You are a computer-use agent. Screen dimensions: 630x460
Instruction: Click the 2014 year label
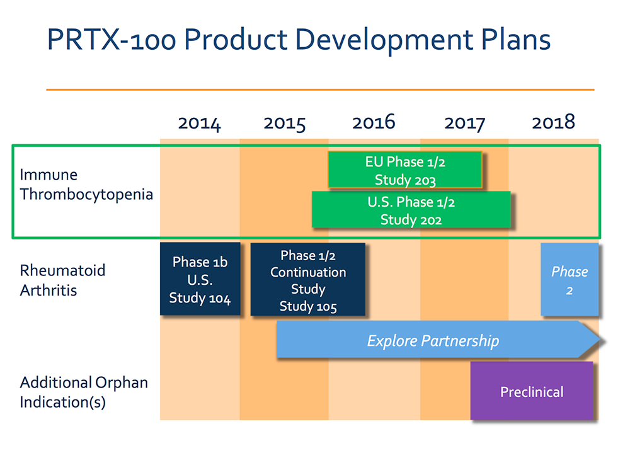point(199,124)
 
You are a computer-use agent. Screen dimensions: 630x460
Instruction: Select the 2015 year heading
point(285,124)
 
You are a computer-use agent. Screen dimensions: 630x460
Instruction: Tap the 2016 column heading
point(374,122)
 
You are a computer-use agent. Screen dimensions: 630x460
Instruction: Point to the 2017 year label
point(464,124)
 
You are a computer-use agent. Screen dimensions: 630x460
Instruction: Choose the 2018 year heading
point(553,122)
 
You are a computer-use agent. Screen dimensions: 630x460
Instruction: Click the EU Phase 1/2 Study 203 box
point(405,170)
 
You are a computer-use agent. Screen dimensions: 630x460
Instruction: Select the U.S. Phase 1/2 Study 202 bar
point(411,210)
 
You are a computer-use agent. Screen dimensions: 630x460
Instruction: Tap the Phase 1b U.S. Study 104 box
point(200,279)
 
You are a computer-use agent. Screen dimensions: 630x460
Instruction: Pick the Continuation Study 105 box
point(308,279)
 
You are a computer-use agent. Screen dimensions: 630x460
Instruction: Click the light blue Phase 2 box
point(570,279)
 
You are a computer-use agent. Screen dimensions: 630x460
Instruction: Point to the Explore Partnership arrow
point(438,340)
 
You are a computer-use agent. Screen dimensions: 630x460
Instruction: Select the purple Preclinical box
point(532,391)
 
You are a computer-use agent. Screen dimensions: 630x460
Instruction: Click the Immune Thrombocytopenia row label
point(86,185)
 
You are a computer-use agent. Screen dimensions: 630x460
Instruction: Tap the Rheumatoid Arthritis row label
point(62,280)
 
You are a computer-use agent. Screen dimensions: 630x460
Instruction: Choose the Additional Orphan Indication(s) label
point(84,392)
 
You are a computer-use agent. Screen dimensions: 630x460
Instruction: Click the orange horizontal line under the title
point(320,89)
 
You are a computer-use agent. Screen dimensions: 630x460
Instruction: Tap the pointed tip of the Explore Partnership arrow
point(600,340)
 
